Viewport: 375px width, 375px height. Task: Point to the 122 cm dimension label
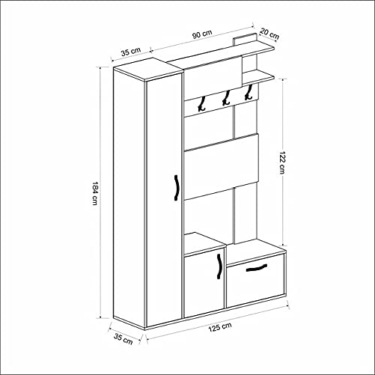pos(281,159)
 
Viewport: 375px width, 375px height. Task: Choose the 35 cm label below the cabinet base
pos(124,338)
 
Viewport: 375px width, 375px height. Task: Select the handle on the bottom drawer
pos(256,269)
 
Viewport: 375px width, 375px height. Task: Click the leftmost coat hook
pos(201,105)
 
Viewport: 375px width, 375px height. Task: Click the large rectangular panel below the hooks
pos(222,167)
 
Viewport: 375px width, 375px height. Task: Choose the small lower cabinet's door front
pos(204,283)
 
